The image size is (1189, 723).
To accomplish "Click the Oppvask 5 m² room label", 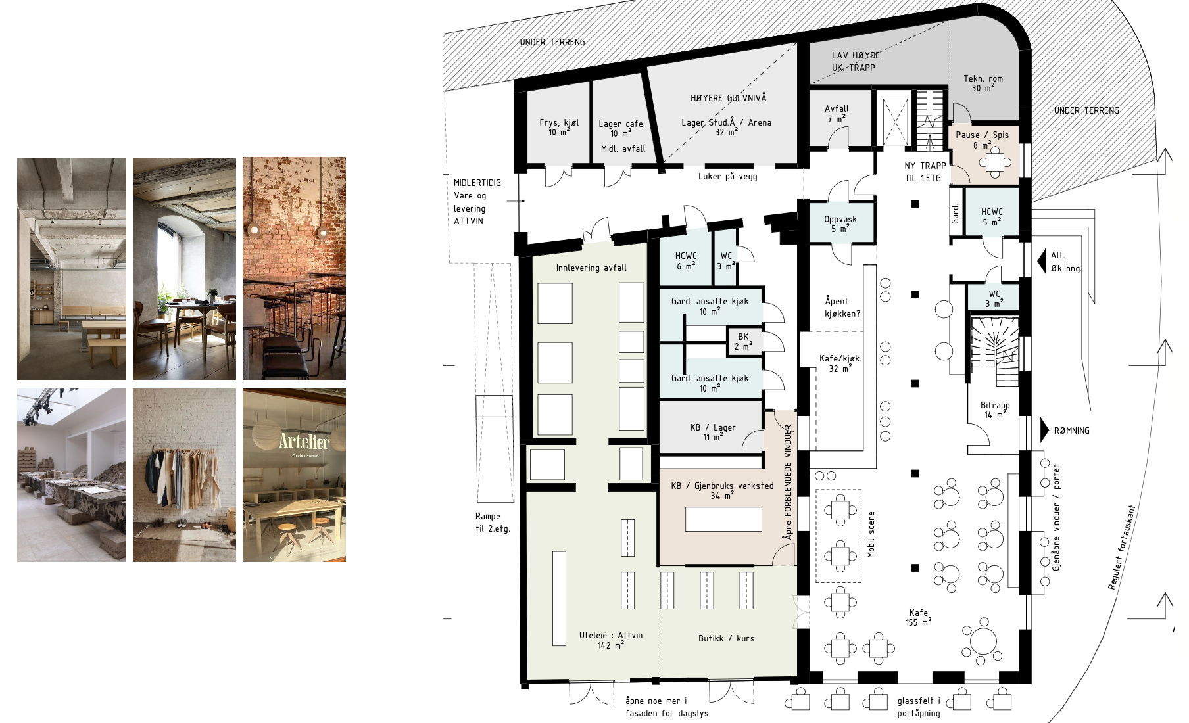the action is (x=840, y=223).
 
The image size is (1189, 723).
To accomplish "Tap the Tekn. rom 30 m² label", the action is (x=983, y=83).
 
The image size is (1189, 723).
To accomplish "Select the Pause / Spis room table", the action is (x=995, y=161).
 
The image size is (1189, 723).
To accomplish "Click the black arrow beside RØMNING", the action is (x=1045, y=431).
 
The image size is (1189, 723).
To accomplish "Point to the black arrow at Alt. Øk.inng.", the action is (x=1042, y=261).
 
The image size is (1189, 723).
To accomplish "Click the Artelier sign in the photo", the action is (x=304, y=442).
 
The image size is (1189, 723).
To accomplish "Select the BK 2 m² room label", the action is (x=743, y=341).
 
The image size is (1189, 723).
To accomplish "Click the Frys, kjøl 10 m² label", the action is (x=559, y=127).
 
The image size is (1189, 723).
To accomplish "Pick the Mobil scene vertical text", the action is (x=871, y=534).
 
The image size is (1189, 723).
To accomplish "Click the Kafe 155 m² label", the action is (x=919, y=617).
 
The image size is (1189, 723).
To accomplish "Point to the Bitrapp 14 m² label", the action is (x=995, y=409).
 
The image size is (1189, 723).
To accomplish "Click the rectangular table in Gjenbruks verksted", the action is (x=723, y=519).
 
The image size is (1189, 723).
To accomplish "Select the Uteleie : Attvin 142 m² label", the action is (x=611, y=640).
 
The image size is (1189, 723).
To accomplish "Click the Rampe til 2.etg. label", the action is (x=493, y=523).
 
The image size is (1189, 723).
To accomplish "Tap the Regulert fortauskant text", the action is (x=1121, y=548).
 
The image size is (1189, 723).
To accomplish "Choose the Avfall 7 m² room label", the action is (x=837, y=113).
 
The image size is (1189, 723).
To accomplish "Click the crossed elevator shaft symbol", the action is (x=895, y=122).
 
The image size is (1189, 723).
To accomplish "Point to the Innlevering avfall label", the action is (x=591, y=268).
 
